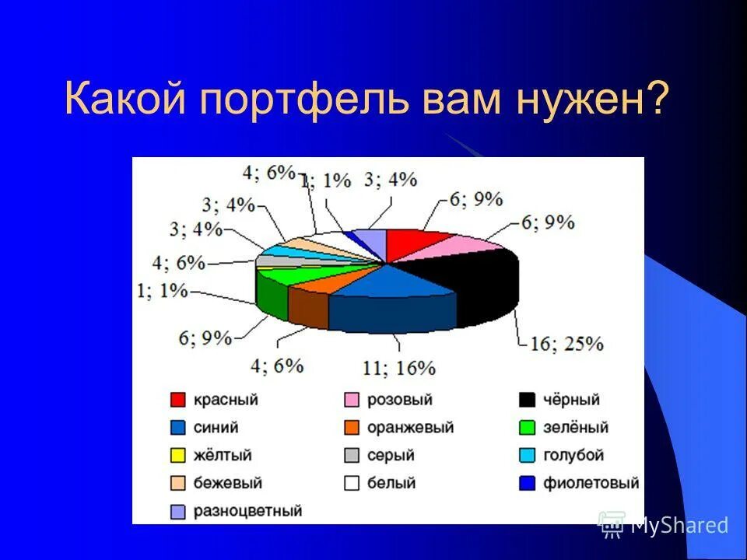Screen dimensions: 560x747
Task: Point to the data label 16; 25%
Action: click(x=566, y=343)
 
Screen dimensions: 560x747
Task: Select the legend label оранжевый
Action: click(x=410, y=428)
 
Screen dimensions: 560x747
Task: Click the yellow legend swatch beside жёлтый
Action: click(x=178, y=456)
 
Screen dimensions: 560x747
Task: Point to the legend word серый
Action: click(x=392, y=456)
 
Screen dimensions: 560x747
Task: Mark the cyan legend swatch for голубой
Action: click(x=528, y=456)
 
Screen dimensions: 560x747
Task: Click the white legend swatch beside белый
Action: click(x=352, y=483)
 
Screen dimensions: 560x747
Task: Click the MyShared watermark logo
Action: click(x=612, y=525)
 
